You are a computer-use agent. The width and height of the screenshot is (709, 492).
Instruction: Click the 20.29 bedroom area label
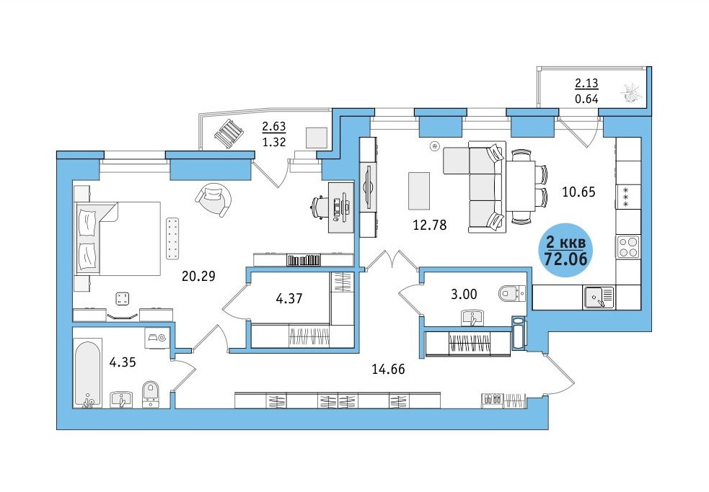pos(198,276)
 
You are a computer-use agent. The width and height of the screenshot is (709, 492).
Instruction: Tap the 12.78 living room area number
pos(430,225)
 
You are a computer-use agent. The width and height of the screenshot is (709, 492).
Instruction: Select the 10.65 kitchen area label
pos(578,192)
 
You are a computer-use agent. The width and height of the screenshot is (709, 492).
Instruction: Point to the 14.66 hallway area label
pos(388,369)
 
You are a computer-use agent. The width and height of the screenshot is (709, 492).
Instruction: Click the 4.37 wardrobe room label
pos(289,299)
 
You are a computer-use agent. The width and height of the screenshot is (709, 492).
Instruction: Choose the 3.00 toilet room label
pos(464,294)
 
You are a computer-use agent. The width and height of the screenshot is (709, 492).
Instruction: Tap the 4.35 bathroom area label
pos(123,362)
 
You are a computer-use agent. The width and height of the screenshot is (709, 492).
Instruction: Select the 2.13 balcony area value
pos(586,83)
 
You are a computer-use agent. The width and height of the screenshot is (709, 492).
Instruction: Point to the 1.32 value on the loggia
pos(274,142)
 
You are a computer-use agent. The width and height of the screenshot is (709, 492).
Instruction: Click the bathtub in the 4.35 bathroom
pos(88,375)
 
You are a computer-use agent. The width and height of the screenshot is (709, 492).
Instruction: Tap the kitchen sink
pos(599,298)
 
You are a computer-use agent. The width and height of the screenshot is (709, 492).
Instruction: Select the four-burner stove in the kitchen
pos(628,246)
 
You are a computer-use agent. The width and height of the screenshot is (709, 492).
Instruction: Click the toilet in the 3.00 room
pos(512,293)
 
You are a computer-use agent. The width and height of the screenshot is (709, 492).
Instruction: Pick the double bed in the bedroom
pos(118,238)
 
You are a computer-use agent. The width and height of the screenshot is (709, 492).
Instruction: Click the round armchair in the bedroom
pos(213,200)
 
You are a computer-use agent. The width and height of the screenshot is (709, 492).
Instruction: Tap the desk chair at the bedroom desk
pos(319,207)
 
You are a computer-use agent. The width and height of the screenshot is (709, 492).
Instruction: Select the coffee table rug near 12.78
pos(419,191)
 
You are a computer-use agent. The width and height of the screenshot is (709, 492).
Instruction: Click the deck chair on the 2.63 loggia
pos(229,133)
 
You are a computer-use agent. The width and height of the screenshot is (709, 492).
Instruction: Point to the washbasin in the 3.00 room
pos(473,318)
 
